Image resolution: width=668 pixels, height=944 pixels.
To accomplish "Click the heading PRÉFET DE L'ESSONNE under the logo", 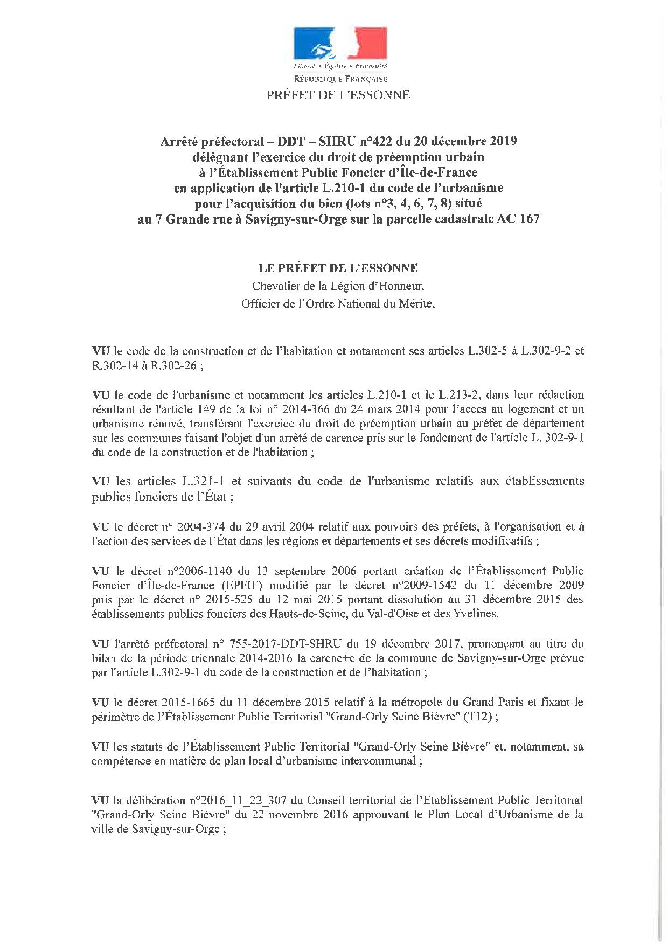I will tap(338, 95).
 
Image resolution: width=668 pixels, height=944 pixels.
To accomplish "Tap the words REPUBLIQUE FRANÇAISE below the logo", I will tap(340, 79).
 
